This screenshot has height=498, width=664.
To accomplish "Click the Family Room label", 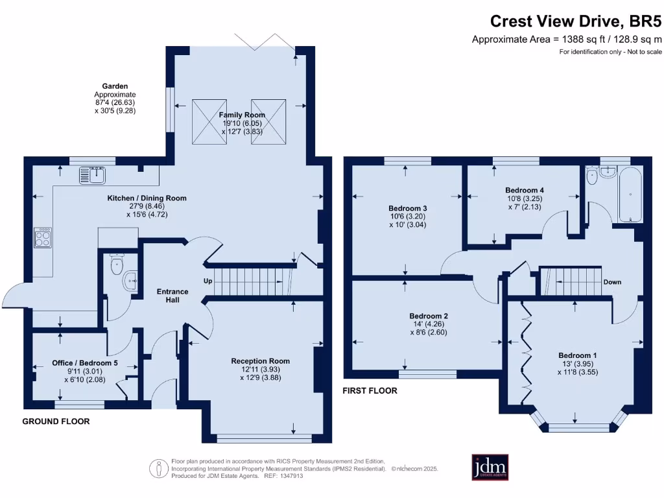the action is click(242, 115).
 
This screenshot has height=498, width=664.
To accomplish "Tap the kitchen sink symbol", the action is click(92, 175).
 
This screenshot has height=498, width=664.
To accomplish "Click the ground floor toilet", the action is click(117, 264).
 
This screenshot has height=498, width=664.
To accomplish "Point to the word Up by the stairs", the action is click(208, 281).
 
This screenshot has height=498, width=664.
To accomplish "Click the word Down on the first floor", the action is click(612, 282).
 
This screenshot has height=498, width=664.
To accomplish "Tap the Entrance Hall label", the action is click(172, 296).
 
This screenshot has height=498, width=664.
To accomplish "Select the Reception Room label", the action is click(261, 361).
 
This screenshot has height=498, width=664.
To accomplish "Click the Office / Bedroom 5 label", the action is click(85, 363).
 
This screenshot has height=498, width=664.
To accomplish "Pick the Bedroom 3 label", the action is click(408, 208).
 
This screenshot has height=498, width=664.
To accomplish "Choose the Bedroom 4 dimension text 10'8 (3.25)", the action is click(525, 198).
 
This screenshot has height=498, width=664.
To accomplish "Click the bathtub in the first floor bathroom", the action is click(630, 194).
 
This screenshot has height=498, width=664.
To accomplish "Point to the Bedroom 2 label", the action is click(429, 316).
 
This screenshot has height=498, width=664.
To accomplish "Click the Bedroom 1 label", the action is click(578, 356).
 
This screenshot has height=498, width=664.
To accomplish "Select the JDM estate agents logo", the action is click(490, 468).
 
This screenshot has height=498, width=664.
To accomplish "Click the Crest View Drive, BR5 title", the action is click(576, 21).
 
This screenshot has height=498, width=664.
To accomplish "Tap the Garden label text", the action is click(115, 86).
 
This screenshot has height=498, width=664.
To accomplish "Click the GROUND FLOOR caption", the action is click(56, 421).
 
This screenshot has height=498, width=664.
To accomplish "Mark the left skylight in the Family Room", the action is click(209, 121).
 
